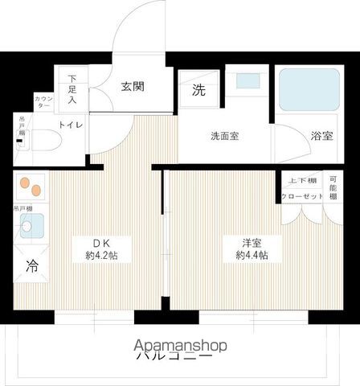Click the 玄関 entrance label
[x=133, y=88]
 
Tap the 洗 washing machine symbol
[x=198, y=90]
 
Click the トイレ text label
[x=72, y=125]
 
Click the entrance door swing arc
[x=137, y=32]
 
